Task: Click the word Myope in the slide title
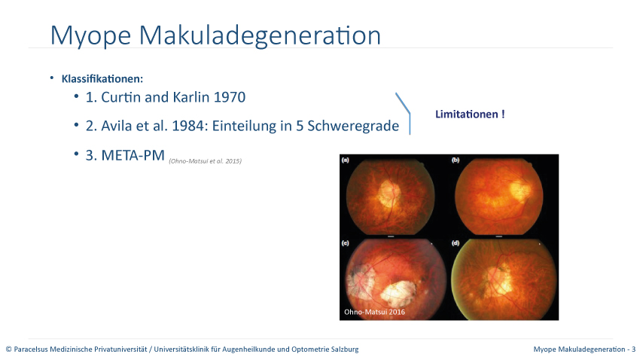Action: pyautogui.click(x=90, y=35)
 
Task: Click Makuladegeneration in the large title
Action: pyautogui.click(x=260, y=35)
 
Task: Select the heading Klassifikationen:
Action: pyautogui.click(x=102, y=79)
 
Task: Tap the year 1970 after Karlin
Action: pyautogui.click(x=230, y=97)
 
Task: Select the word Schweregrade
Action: pyautogui.click(x=353, y=126)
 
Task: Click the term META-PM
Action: pyautogui.click(x=133, y=155)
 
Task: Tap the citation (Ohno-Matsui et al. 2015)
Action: pyautogui.click(x=206, y=161)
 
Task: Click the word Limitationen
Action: pyautogui.click(x=467, y=114)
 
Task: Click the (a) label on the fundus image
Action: pyautogui.click(x=346, y=160)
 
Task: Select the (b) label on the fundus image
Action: pyautogui.click(x=456, y=160)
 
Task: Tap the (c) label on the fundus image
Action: pyautogui.click(x=346, y=243)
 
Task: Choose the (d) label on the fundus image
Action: pyautogui.click(x=456, y=243)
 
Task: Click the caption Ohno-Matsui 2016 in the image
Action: pyautogui.click(x=374, y=312)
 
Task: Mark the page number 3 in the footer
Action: pyautogui.click(x=633, y=349)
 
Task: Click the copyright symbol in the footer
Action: pyautogui.click(x=8, y=349)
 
